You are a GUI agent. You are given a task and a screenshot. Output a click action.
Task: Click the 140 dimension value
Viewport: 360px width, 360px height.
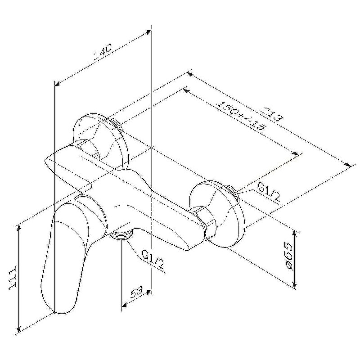pos(103,52)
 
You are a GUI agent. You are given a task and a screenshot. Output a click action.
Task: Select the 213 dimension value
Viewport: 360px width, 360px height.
pos(271,113)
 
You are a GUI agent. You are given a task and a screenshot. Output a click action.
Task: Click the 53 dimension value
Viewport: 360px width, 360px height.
pos(137,292)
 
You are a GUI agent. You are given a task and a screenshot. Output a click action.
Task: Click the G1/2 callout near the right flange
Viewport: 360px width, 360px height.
pos(269,192)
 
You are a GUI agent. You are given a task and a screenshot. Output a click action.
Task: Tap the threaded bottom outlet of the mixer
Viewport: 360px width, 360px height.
pos(121,235)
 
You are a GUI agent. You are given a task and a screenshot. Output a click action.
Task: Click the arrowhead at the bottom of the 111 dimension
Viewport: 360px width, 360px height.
pos(19,328)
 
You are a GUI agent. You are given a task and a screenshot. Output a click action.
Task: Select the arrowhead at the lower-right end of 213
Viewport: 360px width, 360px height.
pos(347,164)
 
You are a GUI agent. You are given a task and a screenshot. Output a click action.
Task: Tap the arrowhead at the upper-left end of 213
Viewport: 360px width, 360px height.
pos(190,75)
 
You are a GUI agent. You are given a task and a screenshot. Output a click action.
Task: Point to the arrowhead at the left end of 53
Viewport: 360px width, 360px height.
pos(125,305)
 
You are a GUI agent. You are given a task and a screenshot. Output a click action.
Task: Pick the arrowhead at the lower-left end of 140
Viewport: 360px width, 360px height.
pos(58,84)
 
